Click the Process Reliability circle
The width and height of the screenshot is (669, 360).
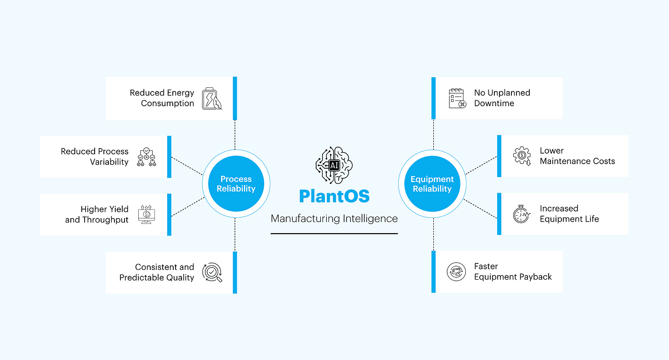(236, 184)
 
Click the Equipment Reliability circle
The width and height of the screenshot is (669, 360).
(432, 184)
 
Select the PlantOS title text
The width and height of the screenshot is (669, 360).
(334, 196)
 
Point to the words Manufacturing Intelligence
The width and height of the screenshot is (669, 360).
(334, 219)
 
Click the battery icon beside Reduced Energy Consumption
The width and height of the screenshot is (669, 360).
(212, 98)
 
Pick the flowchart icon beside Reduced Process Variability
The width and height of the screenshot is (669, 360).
(147, 157)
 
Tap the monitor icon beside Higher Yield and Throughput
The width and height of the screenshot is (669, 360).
(147, 215)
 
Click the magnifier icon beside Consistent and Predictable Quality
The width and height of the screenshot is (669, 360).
(212, 272)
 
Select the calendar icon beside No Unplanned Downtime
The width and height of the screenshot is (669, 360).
(457, 98)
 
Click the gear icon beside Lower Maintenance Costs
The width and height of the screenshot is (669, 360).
(522, 156)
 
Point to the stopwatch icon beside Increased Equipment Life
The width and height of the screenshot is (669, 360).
(522, 214)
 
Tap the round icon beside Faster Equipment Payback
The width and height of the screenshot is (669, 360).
(456, 272)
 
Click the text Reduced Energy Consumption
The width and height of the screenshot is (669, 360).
(162, 98)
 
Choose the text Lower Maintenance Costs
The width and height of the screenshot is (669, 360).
(577, 156)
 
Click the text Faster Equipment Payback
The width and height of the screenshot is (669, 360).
(513, 272)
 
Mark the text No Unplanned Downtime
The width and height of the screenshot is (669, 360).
(502, 98)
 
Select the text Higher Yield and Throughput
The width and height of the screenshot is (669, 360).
(97, 215)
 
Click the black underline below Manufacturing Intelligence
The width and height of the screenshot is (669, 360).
(334, 234)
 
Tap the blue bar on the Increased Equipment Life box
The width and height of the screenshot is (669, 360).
(499, 214)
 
